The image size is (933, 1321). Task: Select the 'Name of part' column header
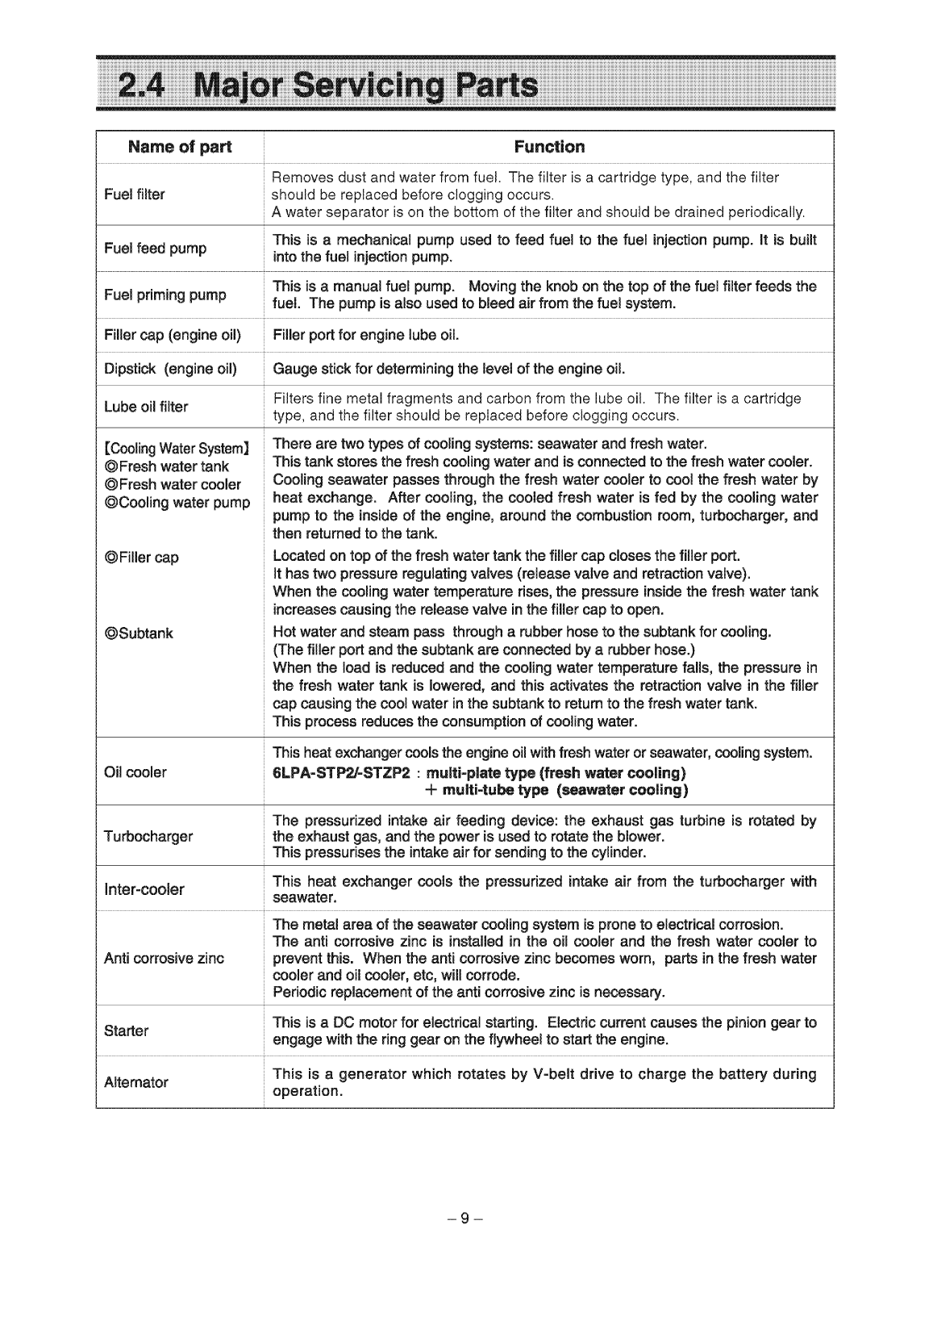point(179,147)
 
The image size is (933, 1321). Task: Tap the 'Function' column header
point(548,147)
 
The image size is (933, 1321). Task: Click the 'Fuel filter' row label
point(135,194)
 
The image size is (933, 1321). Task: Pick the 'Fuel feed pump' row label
point(156,249)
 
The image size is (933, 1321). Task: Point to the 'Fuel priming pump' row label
point(165,295)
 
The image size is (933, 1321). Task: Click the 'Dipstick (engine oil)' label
point(170,370)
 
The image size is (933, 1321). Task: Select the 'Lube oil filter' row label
point(146,407)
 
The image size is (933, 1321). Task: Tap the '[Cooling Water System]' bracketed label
point(177,449)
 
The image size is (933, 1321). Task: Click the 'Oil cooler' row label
point(135,772)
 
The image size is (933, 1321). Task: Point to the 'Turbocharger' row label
point(148,836)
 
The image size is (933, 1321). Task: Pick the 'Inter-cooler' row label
point(144,889)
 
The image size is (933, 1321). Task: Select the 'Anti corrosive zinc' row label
point(165,958)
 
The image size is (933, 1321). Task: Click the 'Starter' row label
point(127,1030)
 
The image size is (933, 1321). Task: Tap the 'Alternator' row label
point(136,1082)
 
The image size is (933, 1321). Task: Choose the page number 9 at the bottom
point(464,1219)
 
